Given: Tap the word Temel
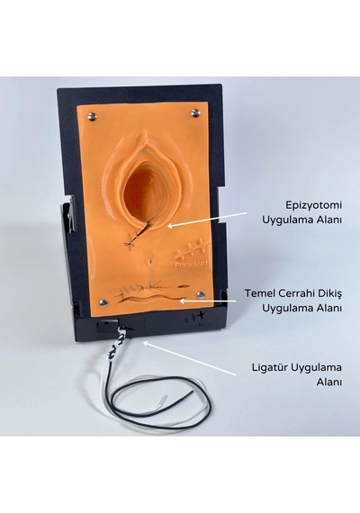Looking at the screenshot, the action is tap(260, 293).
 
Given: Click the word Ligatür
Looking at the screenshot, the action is tap(270, 367).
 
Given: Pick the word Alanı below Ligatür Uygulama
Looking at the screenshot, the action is tap(328, 382).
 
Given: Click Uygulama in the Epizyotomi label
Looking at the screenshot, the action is tap(287, 220).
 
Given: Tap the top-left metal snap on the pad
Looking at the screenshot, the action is tap(93, 115).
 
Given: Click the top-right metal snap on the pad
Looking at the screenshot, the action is tap(195, 112).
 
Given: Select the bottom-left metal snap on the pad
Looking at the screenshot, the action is tap(104, 303).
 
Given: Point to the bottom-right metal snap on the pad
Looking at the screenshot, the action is tap(201, 295).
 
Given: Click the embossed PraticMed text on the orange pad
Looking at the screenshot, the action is tap(191, 264).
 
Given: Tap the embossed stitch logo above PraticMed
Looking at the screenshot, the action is tap(192, 251).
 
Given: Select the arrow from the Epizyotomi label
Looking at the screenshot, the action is tap(207, 220).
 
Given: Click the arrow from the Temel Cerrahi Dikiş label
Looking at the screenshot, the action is tap(208, 301).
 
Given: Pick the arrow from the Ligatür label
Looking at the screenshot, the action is tap(189, 358).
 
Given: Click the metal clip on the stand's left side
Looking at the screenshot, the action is tap(73, 214).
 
